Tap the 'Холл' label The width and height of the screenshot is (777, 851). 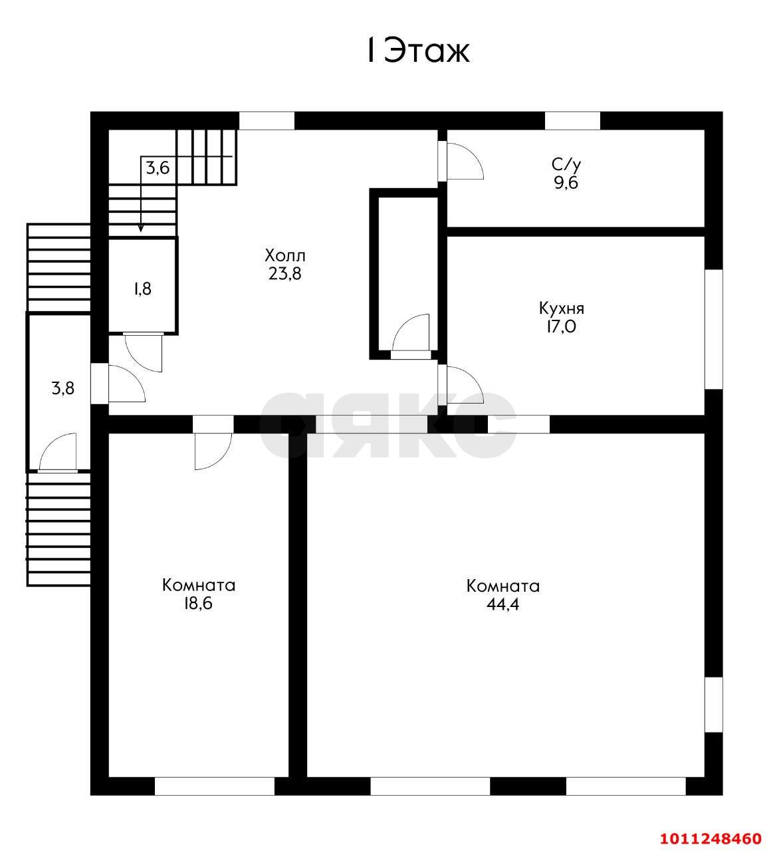285,256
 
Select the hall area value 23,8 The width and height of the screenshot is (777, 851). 285,274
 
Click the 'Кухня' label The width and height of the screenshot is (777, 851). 562,309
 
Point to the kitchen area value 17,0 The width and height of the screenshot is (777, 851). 562,327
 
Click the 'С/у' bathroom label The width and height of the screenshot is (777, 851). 566,164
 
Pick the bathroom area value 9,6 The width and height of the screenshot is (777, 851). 566,182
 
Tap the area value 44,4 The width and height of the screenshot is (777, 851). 503,604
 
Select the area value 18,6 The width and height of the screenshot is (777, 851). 198,604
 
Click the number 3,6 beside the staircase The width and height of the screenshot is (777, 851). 158,168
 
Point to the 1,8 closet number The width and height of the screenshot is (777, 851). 143,289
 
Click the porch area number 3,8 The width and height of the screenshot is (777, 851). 63,388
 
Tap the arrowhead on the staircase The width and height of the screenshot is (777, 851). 141,229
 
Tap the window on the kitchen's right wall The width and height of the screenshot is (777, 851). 714,329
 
